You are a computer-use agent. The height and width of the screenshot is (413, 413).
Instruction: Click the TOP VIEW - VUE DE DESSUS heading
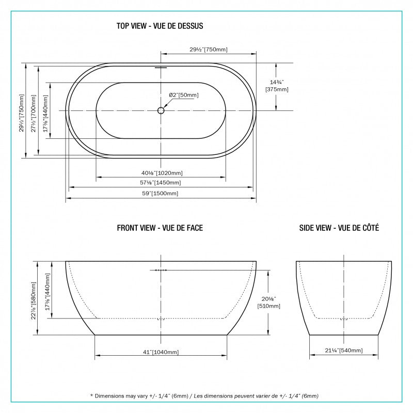pos(160,26)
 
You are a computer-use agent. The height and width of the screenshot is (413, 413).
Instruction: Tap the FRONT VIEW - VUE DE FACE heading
pos(160,228)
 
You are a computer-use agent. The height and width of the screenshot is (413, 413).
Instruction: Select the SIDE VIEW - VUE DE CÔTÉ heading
pos(339,228)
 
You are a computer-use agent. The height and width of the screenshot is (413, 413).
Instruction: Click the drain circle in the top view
pos(161,110)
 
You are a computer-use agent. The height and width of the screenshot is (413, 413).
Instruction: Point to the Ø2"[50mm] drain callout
pos(184,95)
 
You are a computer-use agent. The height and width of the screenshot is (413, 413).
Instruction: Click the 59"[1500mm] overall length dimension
pos(160,193)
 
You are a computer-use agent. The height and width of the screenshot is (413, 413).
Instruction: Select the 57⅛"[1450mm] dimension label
pos(161,183)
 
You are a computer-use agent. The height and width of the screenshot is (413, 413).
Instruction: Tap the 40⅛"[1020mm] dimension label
pos(162,173)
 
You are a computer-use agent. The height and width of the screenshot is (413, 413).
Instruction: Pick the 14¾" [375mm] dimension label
pos(277,86)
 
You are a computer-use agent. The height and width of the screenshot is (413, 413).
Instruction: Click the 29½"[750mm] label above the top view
pos(209,49)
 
